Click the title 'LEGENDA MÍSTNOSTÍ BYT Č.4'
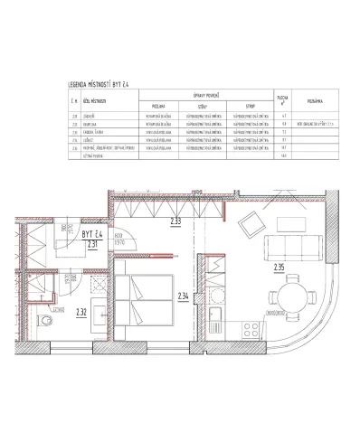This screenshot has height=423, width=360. point(105,84)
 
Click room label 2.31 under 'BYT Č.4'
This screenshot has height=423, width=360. point(90,241)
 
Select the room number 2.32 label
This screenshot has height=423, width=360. point(81,313)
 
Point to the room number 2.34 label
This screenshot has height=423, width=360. point(184,296)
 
